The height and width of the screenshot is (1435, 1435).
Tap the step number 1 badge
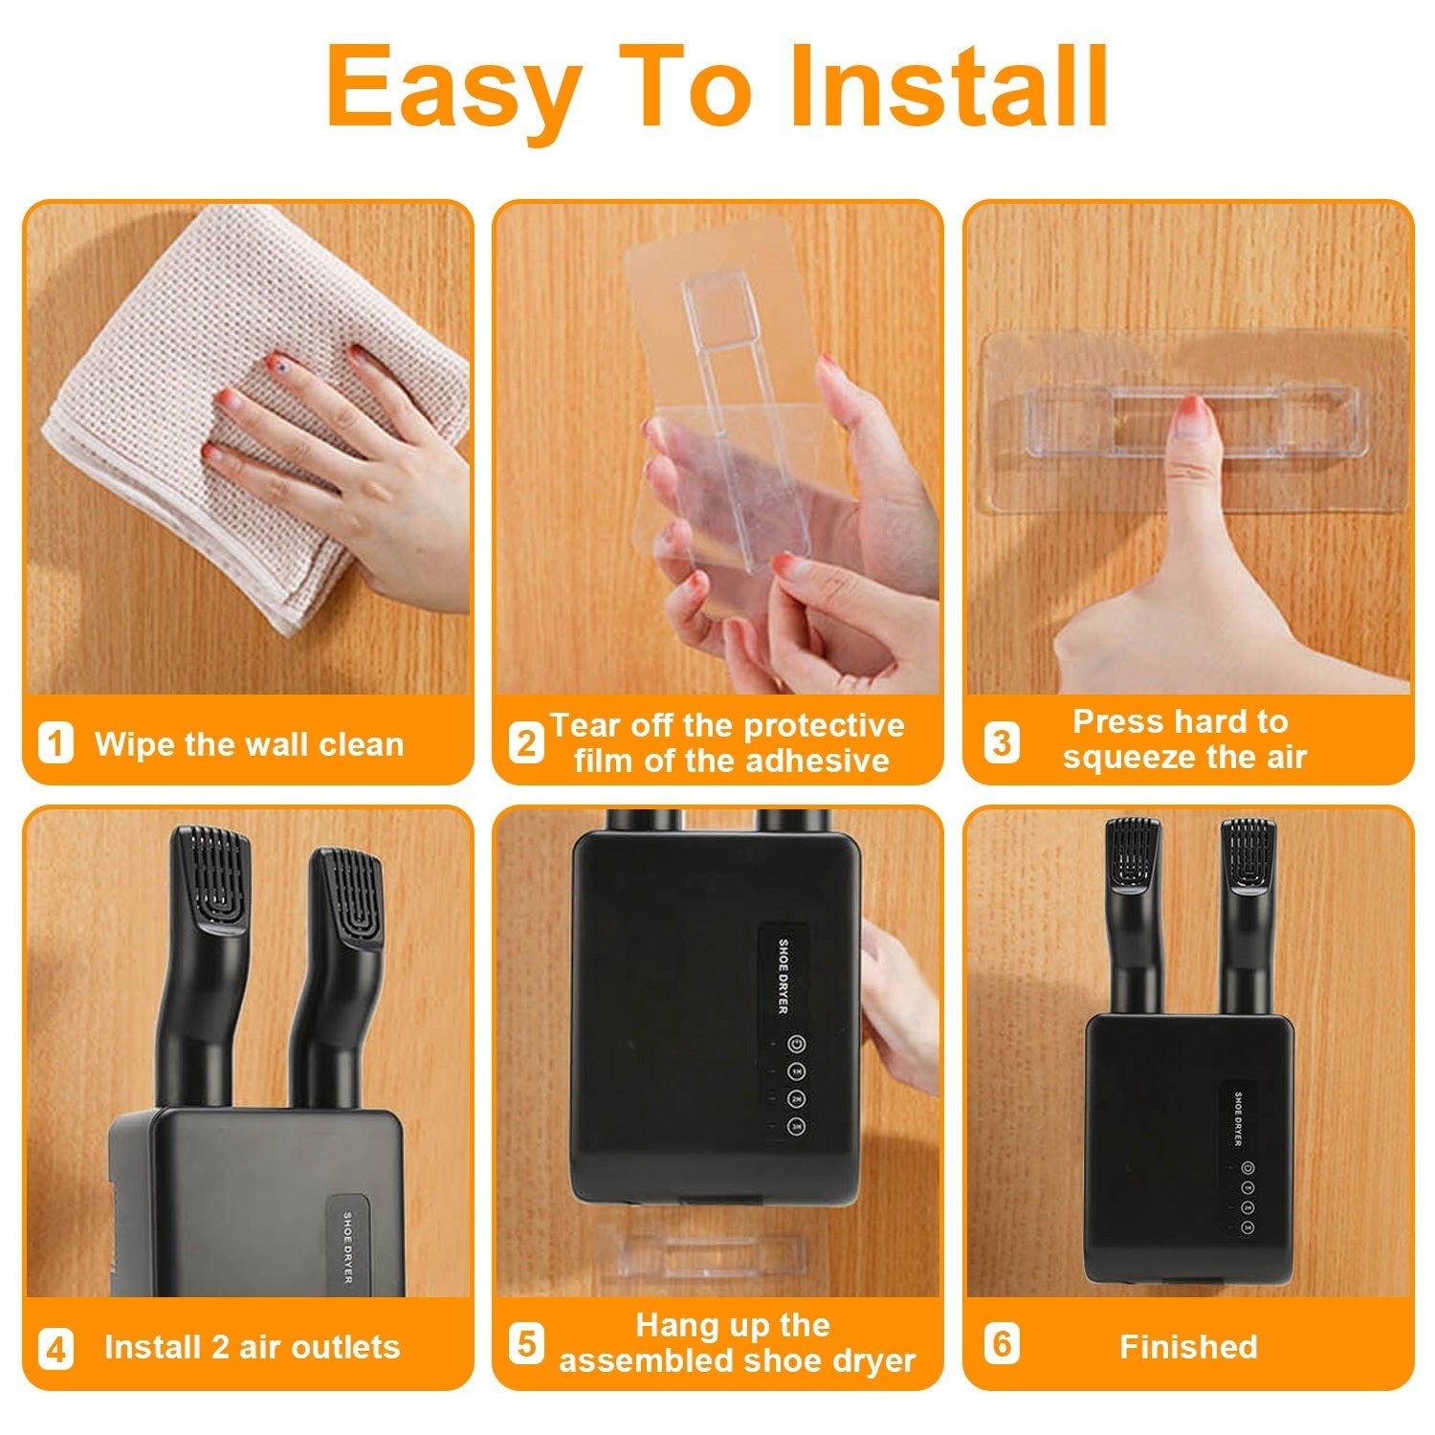[x=55, y=743]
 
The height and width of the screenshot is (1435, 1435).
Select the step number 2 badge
[x=525, y=742]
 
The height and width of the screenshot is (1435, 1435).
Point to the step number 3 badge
[x=1002, y=742]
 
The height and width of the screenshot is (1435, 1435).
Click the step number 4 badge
[x=55, y=1349]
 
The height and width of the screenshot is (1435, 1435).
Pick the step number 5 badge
[x=525, y=1342]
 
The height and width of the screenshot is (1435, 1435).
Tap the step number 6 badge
[x=1002, y=1343]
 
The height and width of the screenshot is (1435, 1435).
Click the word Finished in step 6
[x=1188, y=1347]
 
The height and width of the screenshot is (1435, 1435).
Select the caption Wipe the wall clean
[x=249, y=744]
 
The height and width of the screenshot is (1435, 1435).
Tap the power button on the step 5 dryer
[x=796, y=1044]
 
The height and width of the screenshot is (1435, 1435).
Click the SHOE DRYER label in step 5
[x=783, y=976]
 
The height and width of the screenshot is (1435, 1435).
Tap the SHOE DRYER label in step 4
[x=347, y=1247]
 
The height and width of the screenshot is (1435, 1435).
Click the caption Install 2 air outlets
[x=252, y=1347]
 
